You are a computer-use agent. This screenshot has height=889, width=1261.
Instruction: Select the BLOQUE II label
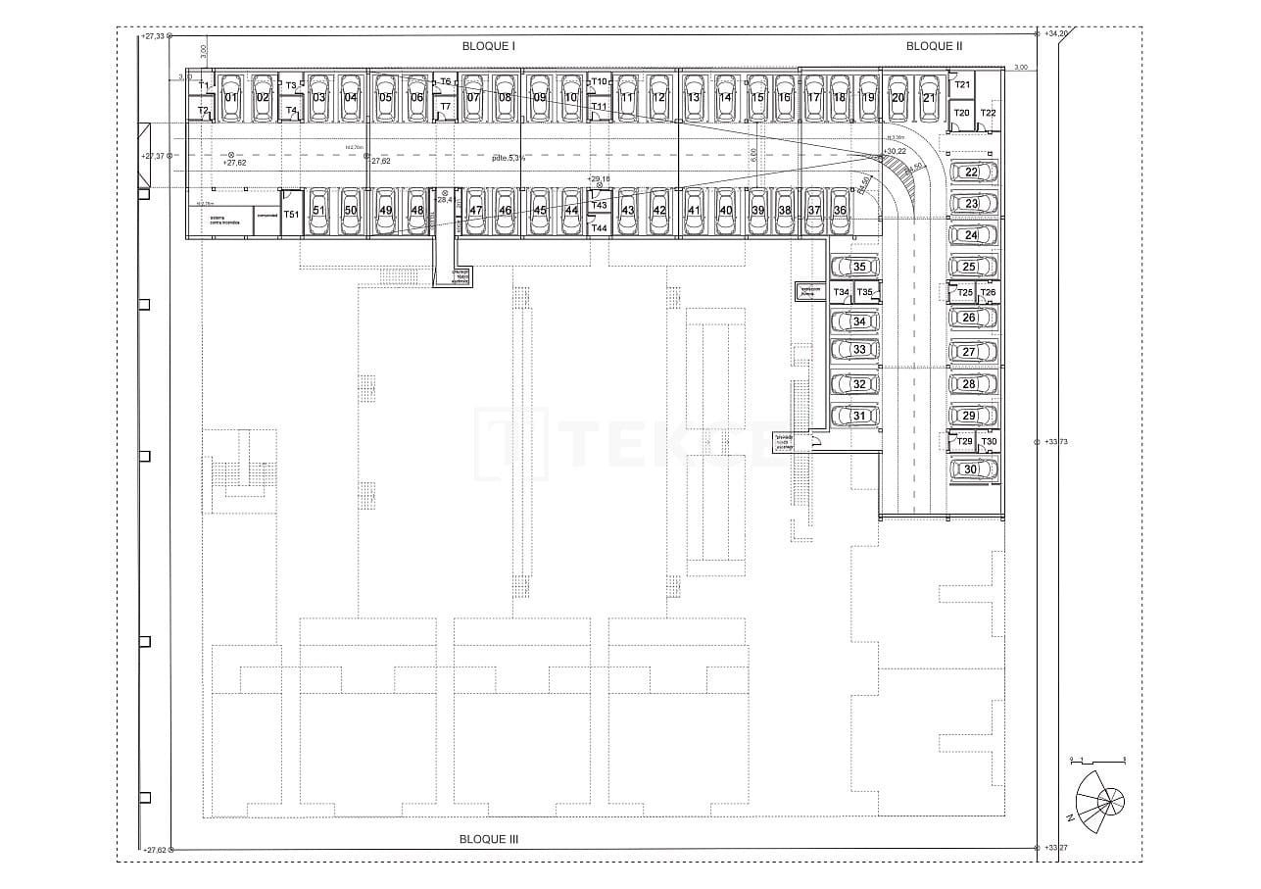click(x=934, y=46)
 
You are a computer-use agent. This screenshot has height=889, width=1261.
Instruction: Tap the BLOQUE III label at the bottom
click(x=488, y=839)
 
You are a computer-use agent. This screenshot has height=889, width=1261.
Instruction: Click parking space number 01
click(x=231, y=97)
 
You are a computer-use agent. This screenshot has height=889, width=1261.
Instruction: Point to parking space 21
click(x=927, y=97)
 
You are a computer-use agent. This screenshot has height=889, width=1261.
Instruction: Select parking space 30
click(x=970, y=469)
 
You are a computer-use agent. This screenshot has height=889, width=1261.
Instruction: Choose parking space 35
click(x=858, y=267)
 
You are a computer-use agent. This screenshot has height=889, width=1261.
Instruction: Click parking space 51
click(x=318, y=211)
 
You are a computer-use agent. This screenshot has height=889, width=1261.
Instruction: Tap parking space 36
click(x=840, y=211)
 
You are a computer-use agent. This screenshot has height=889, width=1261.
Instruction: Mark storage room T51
click(x=291, y=214)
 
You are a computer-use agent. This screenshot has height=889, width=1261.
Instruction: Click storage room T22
click(x=989, y=114)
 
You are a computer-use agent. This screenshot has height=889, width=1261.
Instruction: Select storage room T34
click(x=841, y=293)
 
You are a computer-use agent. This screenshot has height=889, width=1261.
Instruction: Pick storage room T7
click(x=445, y=106)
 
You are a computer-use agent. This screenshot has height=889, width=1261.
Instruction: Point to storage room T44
click(x=600, y=227)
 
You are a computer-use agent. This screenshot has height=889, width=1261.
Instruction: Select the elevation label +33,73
click(x=1056, y=442)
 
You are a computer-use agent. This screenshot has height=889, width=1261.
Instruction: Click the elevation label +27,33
click(x=153, y=36)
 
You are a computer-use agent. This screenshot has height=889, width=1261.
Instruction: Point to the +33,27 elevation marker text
click(x=1056, y=847)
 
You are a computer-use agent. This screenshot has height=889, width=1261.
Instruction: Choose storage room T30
click(x=989, y=442)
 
